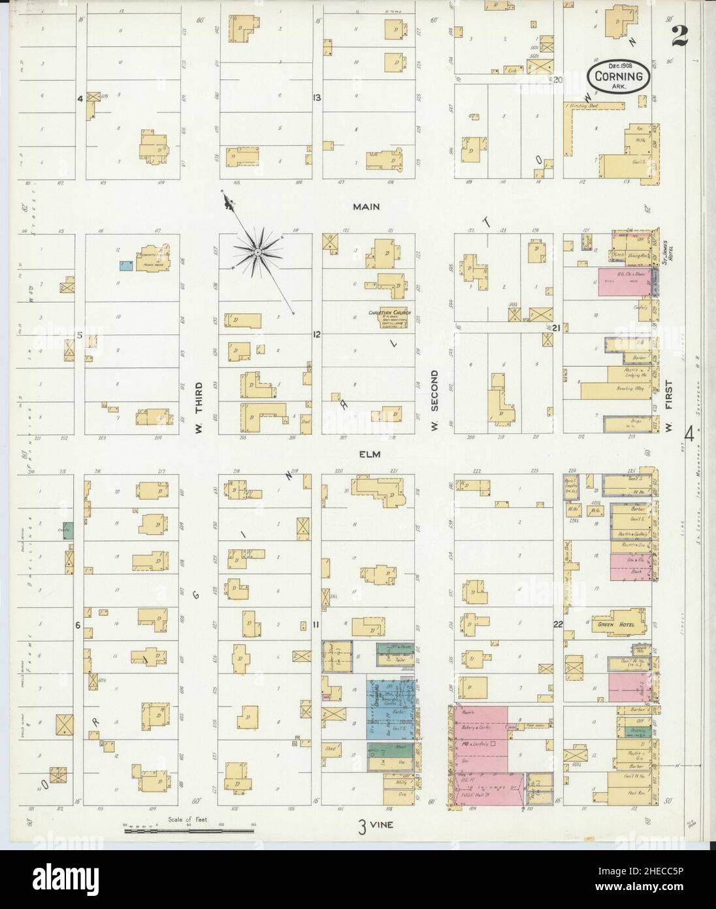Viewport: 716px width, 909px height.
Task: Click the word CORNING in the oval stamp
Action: click(619, 77)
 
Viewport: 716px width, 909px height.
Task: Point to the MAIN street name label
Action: click(366, 207)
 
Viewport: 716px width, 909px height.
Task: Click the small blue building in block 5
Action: click(126, 266)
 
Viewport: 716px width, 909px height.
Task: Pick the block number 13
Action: click(316, 98)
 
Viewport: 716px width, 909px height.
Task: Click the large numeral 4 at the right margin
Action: click(689, 434)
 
